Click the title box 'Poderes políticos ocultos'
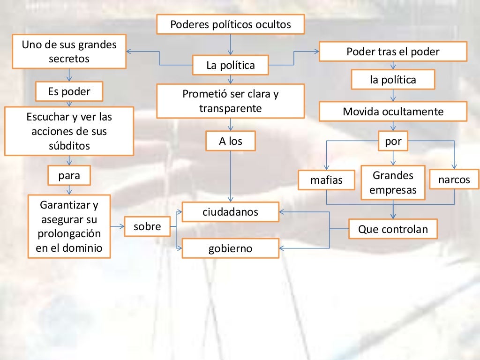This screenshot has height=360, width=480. [230, 24]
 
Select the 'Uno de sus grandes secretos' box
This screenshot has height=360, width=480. [69, 52]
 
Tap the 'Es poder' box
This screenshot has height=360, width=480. [69, 91]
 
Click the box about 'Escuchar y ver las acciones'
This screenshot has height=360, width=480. [69, 131]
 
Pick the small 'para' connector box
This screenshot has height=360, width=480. [69, 176]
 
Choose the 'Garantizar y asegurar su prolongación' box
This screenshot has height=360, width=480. [69, 226]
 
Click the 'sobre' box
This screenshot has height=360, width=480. [147, 227]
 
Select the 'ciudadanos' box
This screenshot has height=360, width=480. [230, 212]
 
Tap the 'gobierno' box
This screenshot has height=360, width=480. [230, 248]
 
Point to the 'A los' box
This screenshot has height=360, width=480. [231, 141]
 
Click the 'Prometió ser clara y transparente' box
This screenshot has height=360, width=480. [230, 101]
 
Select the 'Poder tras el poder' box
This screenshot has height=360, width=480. [393, 52]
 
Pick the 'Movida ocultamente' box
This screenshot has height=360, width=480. [393, 112]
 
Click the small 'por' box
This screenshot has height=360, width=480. [393, 141]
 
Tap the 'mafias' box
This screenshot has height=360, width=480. [326, 180]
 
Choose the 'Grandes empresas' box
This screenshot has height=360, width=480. [393, 182]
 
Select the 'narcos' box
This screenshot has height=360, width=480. [454, 180]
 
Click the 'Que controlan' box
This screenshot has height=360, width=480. [393, 229]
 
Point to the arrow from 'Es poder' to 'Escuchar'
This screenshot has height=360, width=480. [69, 104]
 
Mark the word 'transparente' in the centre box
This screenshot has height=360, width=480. [230, 108]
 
